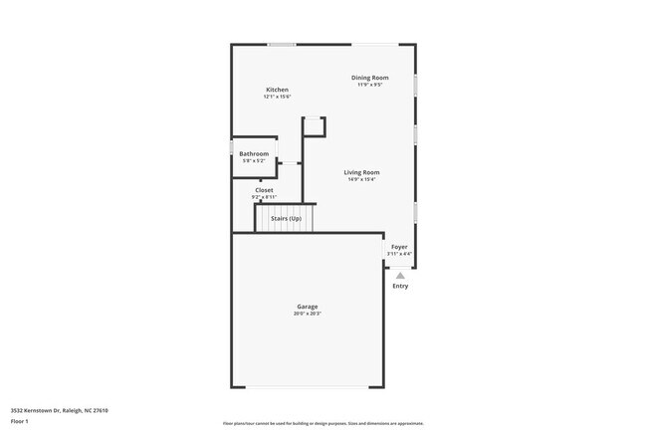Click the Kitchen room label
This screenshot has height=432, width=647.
pos(277,90)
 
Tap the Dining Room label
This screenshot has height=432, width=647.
pos(369,78)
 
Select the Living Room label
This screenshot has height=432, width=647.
pos(362,172)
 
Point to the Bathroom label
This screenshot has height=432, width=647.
pos(254,154)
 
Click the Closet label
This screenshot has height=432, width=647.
pos(264,190)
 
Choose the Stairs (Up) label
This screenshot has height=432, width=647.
pos(286,218)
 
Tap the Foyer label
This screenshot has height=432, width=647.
pos(399,247)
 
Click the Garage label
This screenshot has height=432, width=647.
pos(307,307)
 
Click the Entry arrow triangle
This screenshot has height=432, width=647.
pos(400,276)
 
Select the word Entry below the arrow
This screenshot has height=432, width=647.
pos(400,287)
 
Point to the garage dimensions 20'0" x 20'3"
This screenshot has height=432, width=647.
pos(307,314)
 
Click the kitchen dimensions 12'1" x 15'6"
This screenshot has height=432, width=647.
pos(277,97)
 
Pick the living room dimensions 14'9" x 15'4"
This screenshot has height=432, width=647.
pos(362,179)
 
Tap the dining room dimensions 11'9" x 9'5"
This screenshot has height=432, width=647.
pos(369,85)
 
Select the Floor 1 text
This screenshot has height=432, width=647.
pos(21,421)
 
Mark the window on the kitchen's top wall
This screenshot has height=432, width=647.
pos(282,44)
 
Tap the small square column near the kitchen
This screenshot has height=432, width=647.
pos(314,125)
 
